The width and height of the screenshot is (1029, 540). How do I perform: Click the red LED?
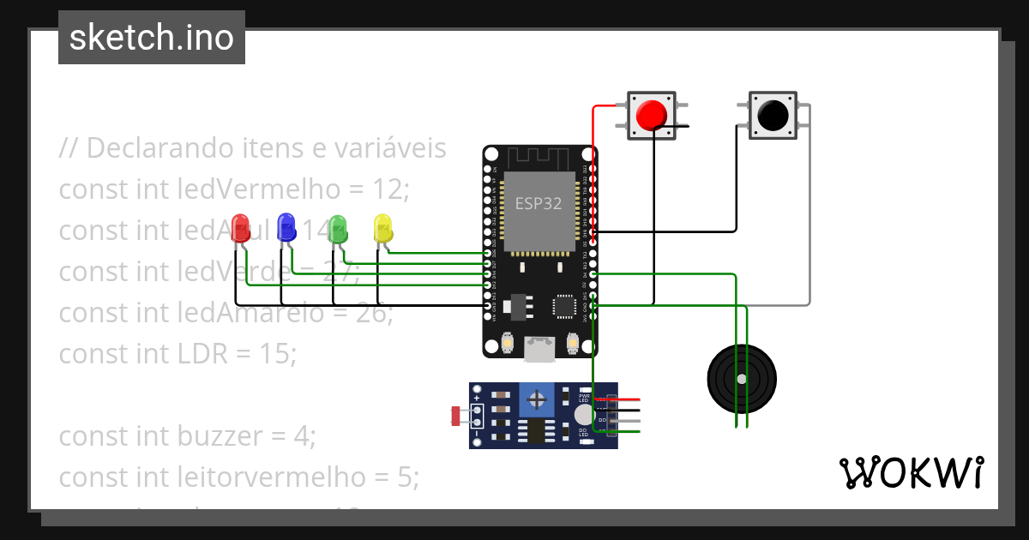(x=240, y=226)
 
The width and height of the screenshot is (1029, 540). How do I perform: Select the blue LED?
(x=286, y=226)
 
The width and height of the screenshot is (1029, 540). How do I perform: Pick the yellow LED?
(x=382, y=228)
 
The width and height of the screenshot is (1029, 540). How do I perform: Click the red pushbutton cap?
(x=652, y=115)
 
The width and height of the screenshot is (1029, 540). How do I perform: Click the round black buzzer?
(x=742, y=378)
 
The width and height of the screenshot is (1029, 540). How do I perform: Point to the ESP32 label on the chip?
(x=539, y=204)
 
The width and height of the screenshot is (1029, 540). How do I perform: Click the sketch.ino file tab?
(x=152, y=38)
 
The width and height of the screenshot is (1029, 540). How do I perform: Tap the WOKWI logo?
(x=911, y=472)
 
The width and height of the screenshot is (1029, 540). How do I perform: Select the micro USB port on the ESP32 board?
(x=539, y=346)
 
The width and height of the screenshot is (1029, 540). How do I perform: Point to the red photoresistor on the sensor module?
(x=454, y=417)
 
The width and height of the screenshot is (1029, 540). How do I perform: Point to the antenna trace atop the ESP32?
(x=539, y=159)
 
